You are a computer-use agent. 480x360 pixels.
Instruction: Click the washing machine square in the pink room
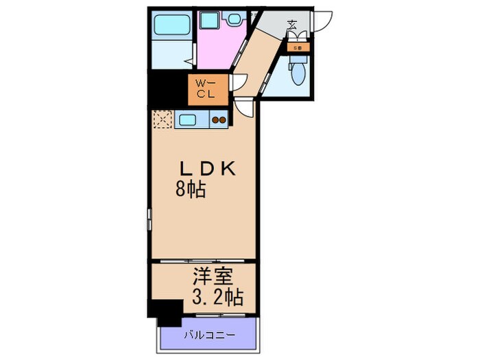[x=210, y=21]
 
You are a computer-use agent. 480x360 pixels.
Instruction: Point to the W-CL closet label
[x=206, y=89]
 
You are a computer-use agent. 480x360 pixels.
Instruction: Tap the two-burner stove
[x=219, y=121]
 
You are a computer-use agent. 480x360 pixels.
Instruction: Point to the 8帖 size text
[x=190, y=190]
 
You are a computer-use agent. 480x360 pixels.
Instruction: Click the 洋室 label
[x=214, y=278]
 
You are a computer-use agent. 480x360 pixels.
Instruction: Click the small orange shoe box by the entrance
[x=298, y=48]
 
